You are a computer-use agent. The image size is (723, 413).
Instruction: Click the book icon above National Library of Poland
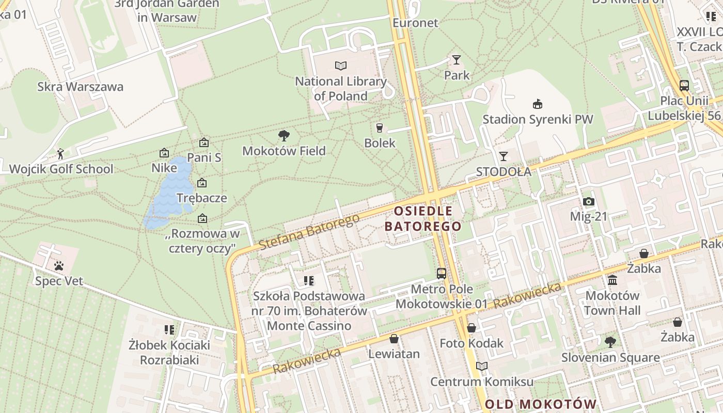[x=341, y=66]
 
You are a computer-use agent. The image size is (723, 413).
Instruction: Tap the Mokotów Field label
[x=284, y=151]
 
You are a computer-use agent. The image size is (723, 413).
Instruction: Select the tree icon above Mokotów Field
[x=284, y=136]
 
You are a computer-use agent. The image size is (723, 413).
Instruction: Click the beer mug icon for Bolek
[x=380, y=128]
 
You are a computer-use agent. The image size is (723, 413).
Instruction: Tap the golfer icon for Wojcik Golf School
[x=60, y=154]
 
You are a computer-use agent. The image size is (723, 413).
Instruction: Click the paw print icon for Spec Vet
[x=59, y=266]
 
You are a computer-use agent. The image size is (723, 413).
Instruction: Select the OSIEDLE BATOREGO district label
[x=423, y=218]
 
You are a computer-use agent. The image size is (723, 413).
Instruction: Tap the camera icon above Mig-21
[x=588, y=201]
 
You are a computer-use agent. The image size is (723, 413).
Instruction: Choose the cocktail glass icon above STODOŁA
[x=504, y=156]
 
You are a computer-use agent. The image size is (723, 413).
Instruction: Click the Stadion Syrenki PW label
[x=538, y=119]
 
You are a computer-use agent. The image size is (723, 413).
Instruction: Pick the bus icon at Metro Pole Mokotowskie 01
[x=442, y=274]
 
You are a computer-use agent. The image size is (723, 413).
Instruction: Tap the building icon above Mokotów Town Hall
[x=612, y=280]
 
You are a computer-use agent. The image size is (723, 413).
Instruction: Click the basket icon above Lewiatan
[x=394, y=339]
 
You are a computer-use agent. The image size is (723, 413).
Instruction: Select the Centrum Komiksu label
[x=482, y=382]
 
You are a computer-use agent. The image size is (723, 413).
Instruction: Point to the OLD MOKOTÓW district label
[x=541, y=404]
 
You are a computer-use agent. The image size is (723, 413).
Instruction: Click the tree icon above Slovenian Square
[x=610, y=342]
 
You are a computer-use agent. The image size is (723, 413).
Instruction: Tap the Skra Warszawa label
[x=81, y=86]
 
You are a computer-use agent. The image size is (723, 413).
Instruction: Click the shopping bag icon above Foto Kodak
[x=471, y=328]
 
